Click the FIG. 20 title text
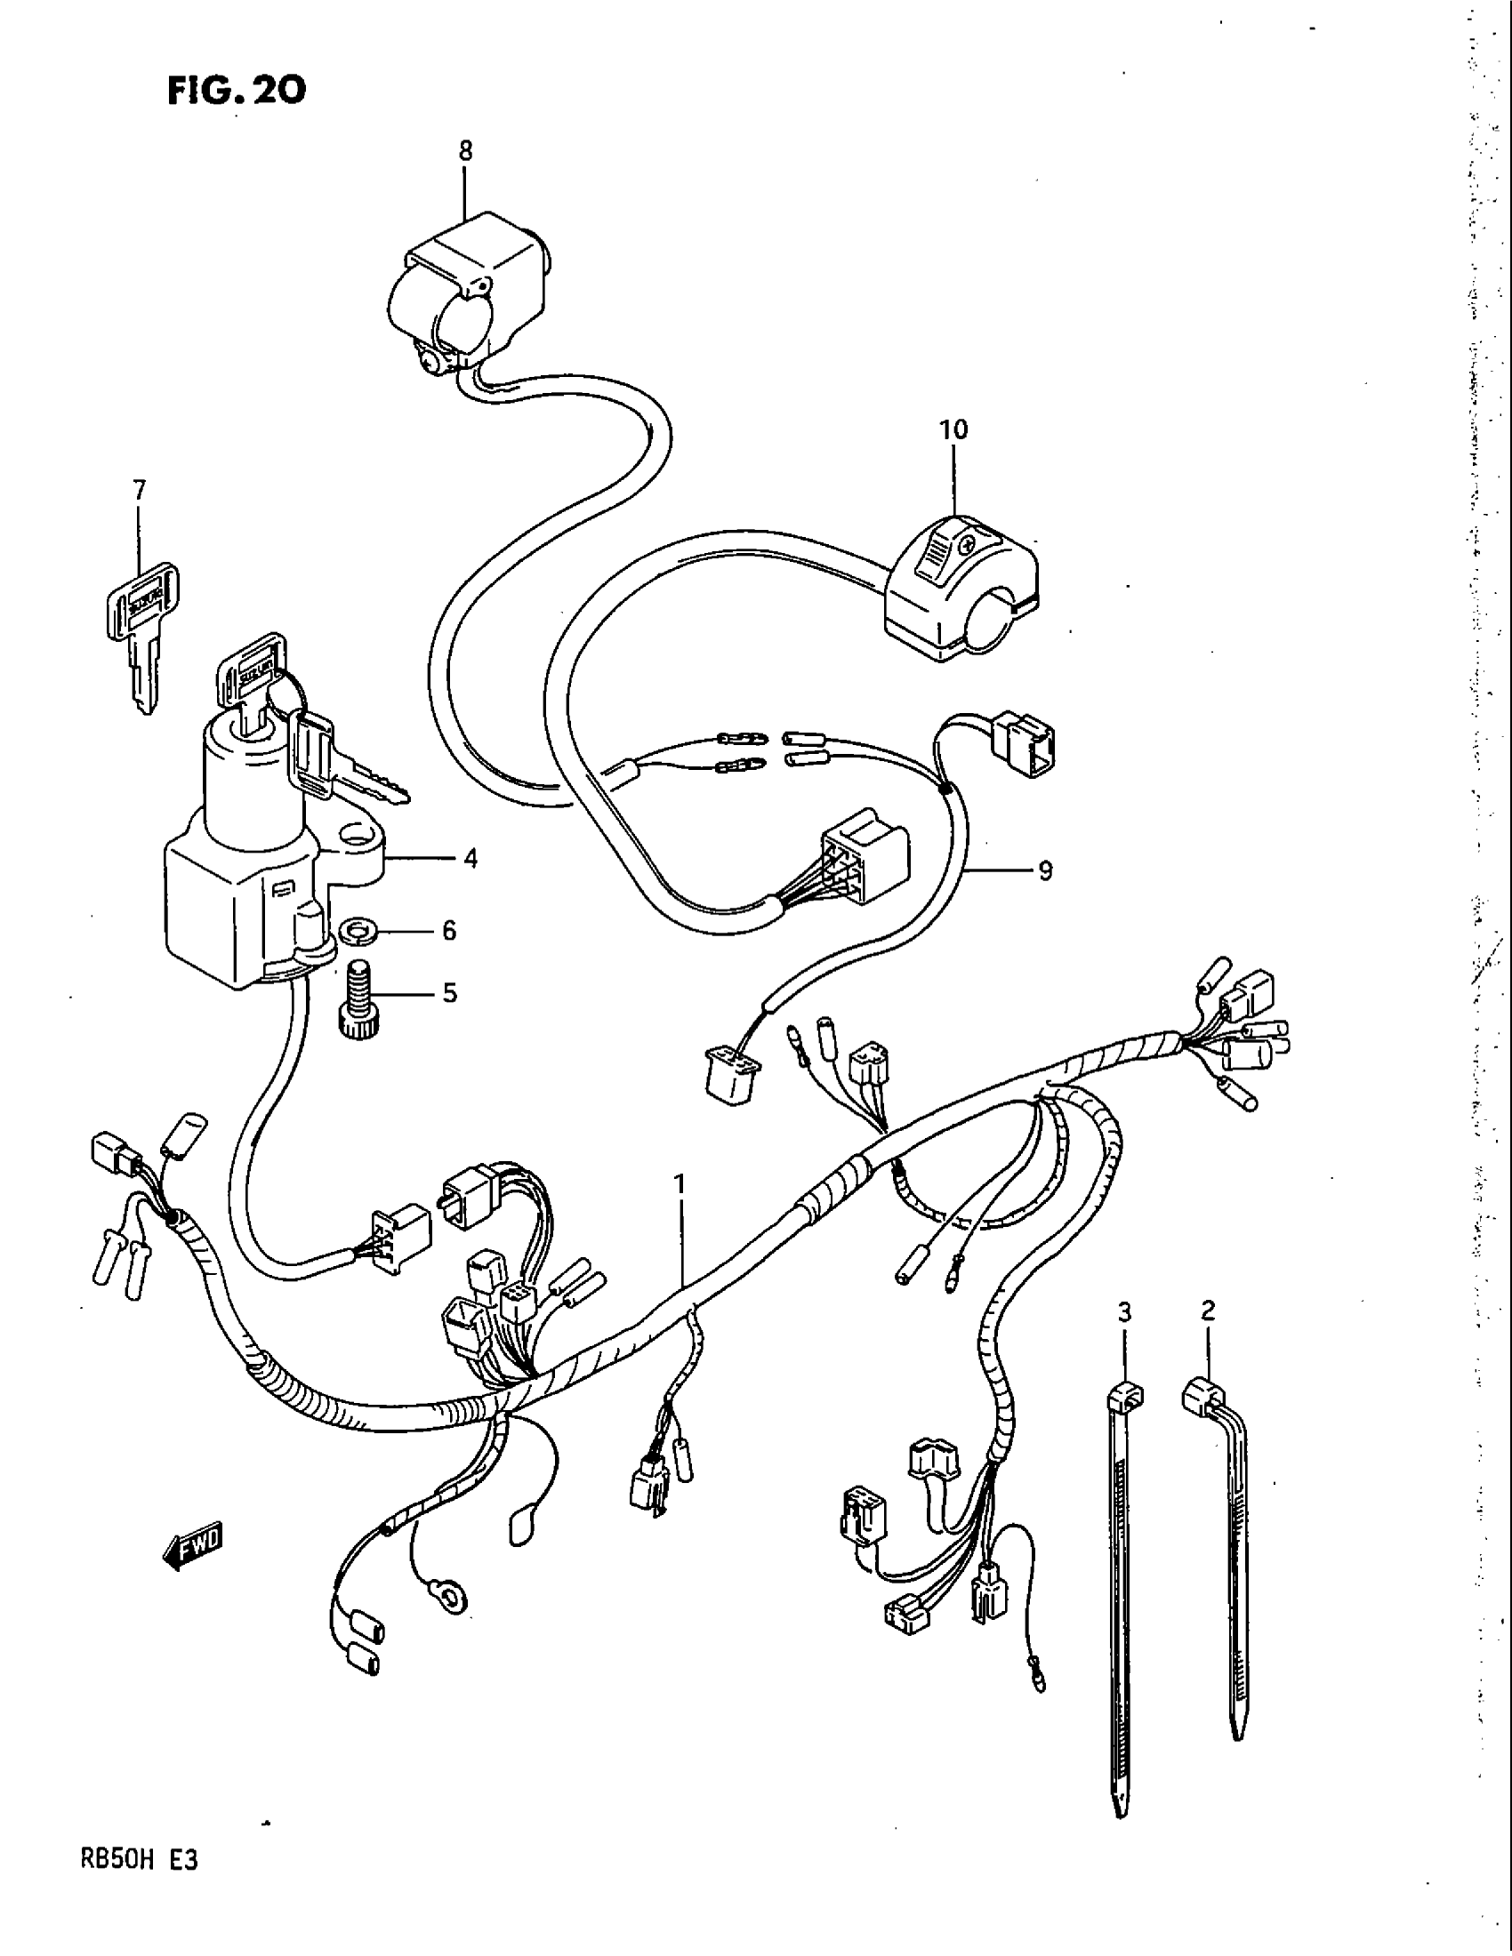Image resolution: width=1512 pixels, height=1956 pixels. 237,90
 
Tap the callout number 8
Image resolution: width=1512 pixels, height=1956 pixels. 465,151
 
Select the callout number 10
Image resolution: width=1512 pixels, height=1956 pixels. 953,430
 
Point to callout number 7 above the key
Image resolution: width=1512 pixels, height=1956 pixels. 139,491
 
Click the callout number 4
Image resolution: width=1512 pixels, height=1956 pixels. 470,858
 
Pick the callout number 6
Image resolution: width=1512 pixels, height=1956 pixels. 449,931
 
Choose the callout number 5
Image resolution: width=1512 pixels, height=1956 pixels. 449,992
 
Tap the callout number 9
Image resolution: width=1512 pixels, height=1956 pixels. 1044,870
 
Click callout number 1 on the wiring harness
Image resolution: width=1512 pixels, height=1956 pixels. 680,1185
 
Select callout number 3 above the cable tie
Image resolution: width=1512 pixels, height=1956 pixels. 1125,1313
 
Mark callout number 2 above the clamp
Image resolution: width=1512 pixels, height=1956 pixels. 1208,1311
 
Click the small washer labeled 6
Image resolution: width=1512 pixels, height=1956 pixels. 358,933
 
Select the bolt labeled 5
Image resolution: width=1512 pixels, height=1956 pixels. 357,997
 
